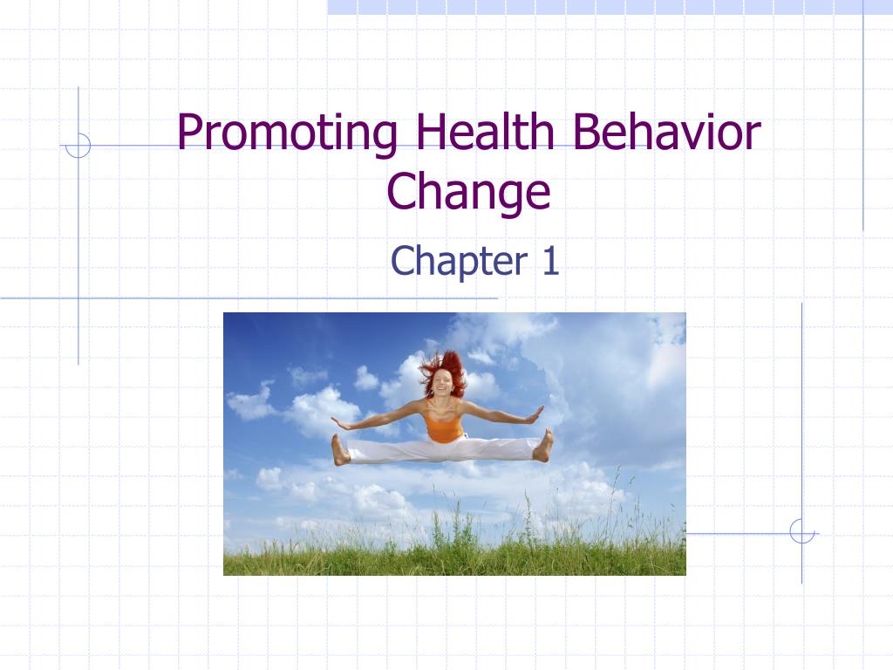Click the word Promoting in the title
click(287, 134)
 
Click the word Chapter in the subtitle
click(459, 262)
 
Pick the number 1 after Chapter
click(551, 261)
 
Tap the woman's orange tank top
click(443, 422)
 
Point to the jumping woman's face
click(441, 383)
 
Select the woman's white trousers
click(442, 449)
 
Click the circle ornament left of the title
click(78, 146)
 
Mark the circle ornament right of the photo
click(802, 531)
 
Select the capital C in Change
click(400, 190)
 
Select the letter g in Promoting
click(384, 140)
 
